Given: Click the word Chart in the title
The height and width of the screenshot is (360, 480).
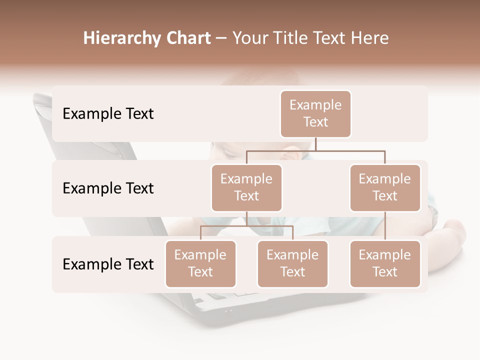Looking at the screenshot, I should [x=186, y=38].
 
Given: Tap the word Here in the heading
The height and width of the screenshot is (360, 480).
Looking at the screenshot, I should [x=369, y=38].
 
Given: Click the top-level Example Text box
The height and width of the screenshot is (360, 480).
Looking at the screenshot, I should [x=315, y=113].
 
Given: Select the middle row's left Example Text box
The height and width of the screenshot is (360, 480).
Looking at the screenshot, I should [x=246, y=187].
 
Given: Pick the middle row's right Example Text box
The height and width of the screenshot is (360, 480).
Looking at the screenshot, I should [x=385, y=187].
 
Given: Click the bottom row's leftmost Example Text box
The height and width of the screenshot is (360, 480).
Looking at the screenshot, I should [x=200, y=263].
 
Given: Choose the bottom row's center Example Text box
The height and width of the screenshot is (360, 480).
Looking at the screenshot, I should [x=292, y=263].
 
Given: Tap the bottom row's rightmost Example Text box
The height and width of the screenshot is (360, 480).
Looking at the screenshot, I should [x=385, y=263].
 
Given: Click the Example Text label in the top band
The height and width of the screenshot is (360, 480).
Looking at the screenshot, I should [x=108, y=113].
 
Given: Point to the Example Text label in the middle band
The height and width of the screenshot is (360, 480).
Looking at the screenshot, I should [x=108, y=188].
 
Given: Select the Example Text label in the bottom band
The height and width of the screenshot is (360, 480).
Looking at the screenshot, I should [x=108, y=264].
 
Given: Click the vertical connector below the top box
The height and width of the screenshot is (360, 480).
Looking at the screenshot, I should [x=315, y=144].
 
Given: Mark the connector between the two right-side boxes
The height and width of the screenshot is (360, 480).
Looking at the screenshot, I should [x=385, y=226].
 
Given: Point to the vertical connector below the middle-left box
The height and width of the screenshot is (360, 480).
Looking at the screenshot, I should [x=246, y=218].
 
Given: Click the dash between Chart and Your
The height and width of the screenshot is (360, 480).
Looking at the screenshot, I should [x=221, y=39].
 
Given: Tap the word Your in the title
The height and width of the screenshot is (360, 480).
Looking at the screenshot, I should [x=249, y=38].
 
